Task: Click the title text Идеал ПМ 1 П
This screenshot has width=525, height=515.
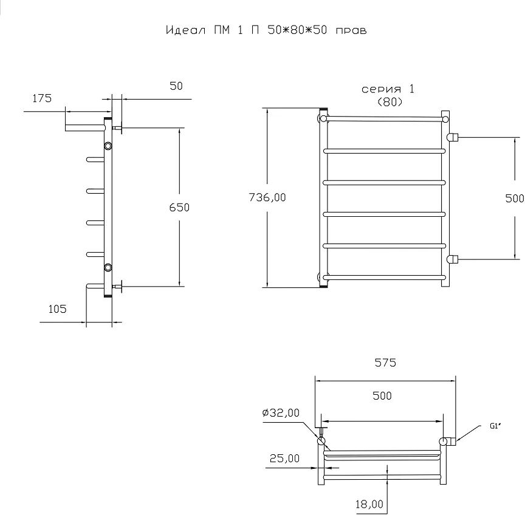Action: point(212,30)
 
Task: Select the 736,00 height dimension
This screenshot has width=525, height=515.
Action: point(267,197)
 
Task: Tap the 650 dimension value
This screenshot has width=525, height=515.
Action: point(179,208)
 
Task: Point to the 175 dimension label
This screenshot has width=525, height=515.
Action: point(42,98)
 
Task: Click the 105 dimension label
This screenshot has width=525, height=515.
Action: point(58,309)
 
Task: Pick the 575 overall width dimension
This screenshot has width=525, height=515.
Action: point(385,363)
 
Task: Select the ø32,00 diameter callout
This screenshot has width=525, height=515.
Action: point(281,413)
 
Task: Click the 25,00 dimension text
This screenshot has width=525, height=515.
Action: point(284,458)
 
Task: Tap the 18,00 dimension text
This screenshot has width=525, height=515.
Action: point(369,504)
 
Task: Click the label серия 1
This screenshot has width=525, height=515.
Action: point(388,89)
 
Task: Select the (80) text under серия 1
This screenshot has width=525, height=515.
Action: point(389,102)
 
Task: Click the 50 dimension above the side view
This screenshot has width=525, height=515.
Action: point(176,86)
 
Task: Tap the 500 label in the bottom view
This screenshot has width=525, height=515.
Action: point(382,396)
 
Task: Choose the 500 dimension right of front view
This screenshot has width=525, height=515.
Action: point(515,199)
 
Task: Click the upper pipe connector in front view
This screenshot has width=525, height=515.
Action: point(453,137)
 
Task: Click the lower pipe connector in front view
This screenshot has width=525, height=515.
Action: point(453,259)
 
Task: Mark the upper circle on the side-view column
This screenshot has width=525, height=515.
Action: point(108,146)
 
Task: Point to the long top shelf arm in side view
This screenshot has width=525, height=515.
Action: point(86,128)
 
